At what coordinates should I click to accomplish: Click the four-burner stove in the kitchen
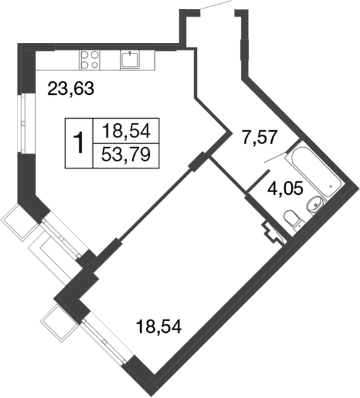click(x=90, y=59)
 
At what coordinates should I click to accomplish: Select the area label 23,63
click(x=72, y=89)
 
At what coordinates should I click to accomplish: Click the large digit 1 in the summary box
click(x=79, y=142)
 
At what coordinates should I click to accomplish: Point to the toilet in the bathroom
click(x=295, y=220)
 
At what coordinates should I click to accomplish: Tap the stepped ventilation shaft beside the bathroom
click(x=271, y=230)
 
